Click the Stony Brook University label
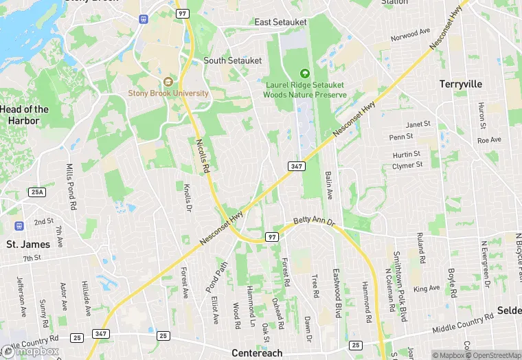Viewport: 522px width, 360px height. [168, 93]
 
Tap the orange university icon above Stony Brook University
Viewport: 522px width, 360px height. [168, 82]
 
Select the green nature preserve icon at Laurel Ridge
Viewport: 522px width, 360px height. [306, 74]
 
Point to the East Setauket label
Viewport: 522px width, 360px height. [281, 23]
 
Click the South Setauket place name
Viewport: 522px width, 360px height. [233, 60]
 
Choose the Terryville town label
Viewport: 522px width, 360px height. [461, 84]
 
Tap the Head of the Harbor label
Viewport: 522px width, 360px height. [25, 115]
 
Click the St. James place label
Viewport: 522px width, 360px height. [28, 244]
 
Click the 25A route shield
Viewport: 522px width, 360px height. [37, 192]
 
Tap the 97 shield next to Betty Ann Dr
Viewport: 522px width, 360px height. [273, 237]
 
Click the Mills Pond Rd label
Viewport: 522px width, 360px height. [70, 186]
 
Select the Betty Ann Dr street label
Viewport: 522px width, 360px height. [313, 222]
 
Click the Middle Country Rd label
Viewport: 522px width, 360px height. [463, 324]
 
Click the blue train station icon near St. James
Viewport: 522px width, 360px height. [19, 226]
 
